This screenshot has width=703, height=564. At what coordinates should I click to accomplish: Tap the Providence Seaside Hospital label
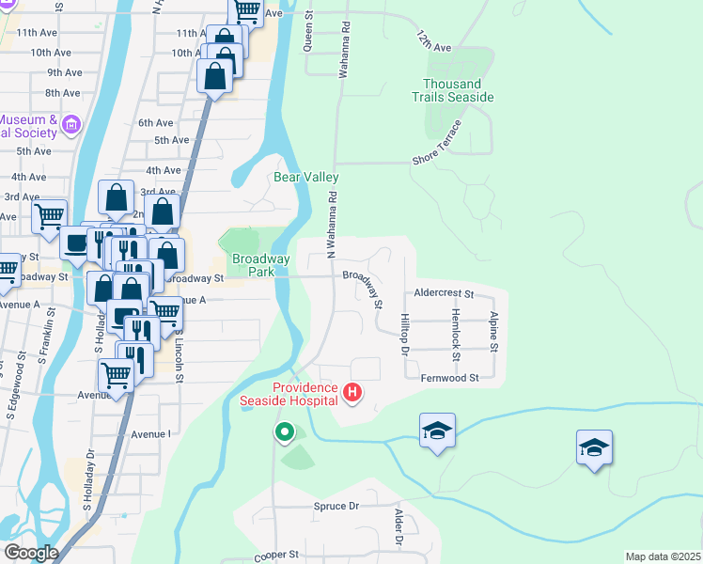pos(305,394)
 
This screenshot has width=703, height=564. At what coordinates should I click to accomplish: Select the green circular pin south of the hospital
pos(284,432)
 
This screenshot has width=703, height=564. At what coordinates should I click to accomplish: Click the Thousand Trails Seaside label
pos(453,91)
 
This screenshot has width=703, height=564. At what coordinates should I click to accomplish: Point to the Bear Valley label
pos(306,177)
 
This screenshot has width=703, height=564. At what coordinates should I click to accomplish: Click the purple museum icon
pos(70,124)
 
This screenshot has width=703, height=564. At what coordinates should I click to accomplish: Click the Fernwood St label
pos(450,377)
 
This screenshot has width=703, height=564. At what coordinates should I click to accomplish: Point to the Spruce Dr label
pos(336,506)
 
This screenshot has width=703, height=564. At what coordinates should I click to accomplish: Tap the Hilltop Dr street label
pos(405,335)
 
